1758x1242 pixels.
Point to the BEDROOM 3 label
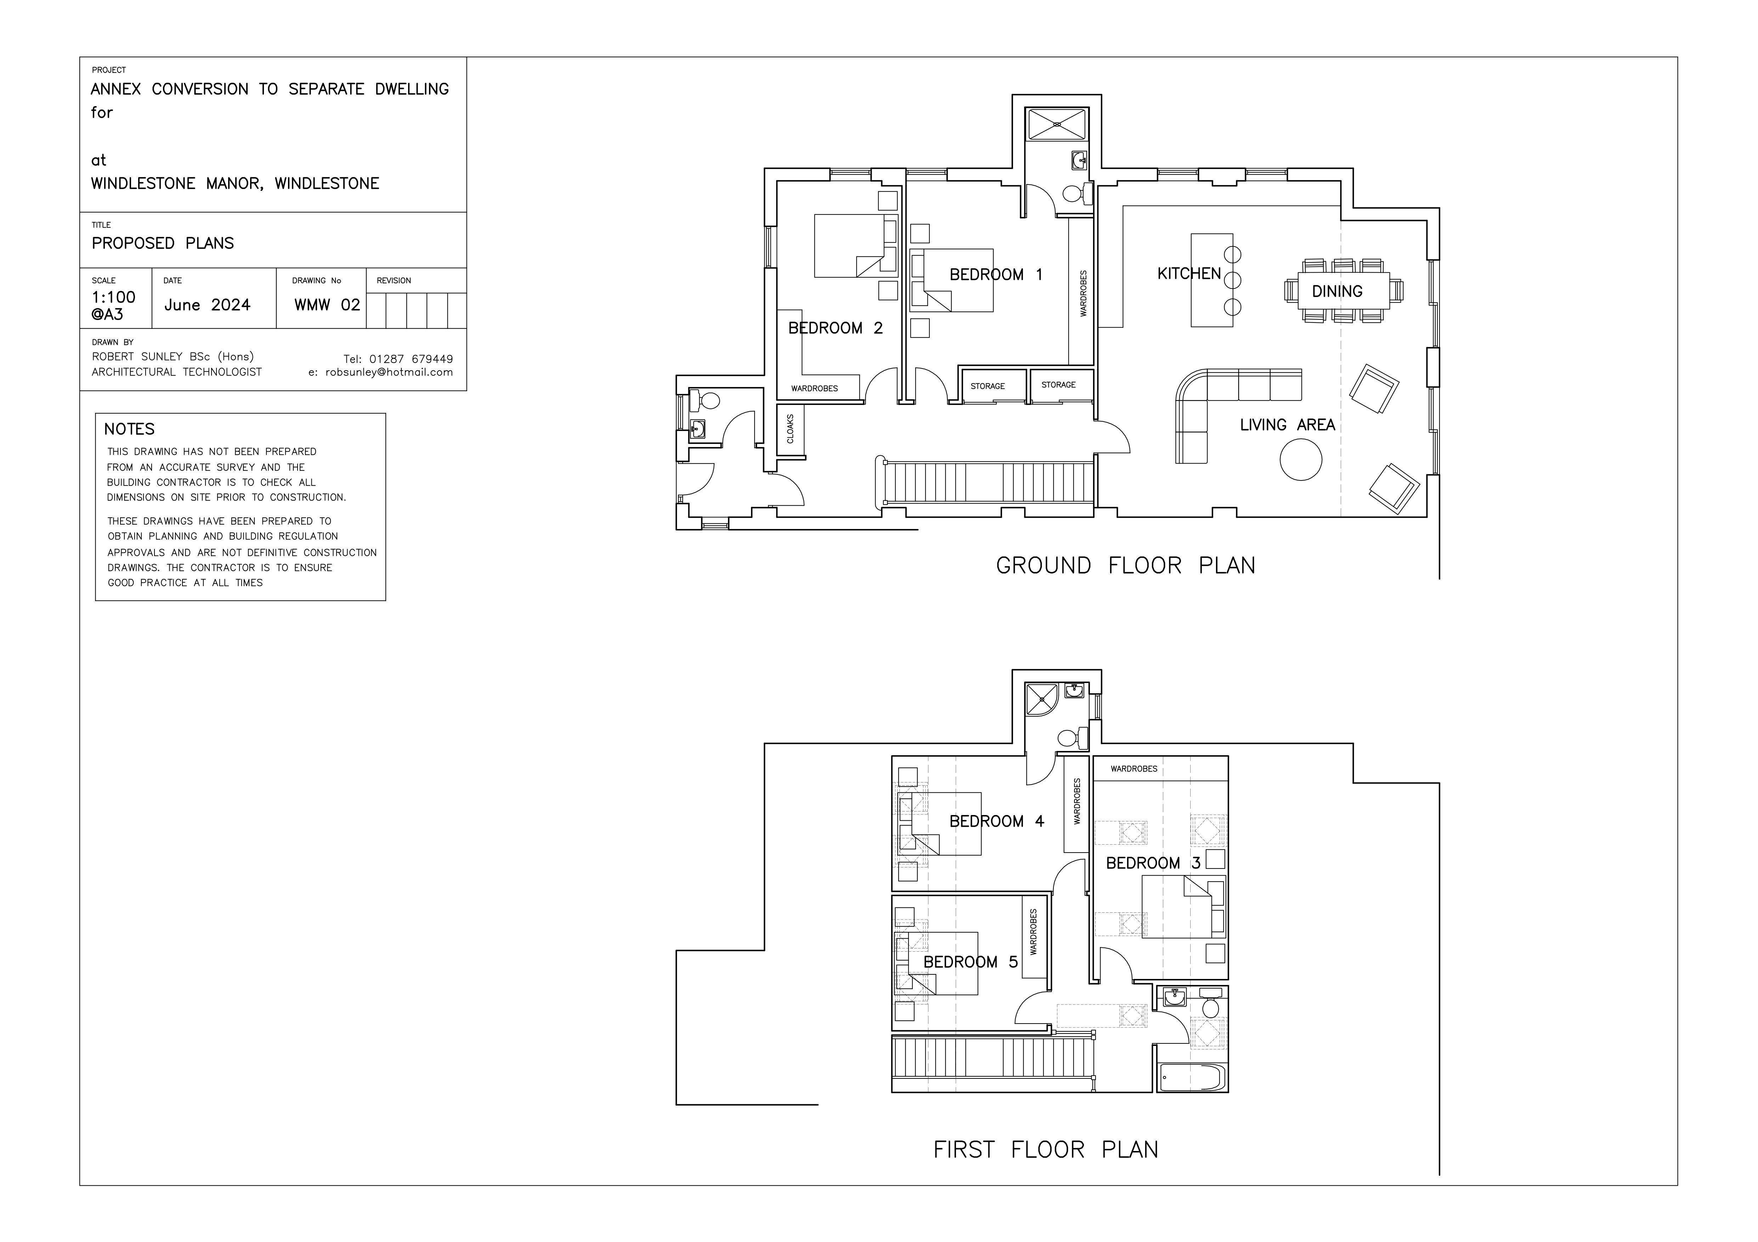[1153, 863]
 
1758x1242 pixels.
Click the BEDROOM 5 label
[970, 962]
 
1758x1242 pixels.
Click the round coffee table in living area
[1301, 460]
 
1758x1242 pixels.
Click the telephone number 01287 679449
[411, 359]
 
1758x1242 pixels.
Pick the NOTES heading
[129, 429]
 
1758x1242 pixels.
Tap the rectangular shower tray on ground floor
[1057, 124]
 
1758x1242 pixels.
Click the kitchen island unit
[1211, 280]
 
